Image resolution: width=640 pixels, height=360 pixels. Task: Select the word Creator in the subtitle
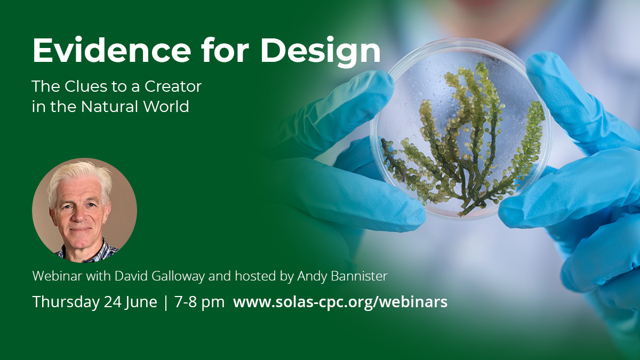pos(173,86)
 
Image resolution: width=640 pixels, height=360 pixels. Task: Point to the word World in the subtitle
pos(166,106)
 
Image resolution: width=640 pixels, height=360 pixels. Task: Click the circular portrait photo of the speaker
pos(84,210)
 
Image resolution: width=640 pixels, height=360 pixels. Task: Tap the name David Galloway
pos(159,276)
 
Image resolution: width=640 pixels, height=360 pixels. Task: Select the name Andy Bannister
pos(342,276)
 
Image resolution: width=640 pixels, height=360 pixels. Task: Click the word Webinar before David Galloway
pos(58,276)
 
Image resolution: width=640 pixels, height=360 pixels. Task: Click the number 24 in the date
pos(113,302)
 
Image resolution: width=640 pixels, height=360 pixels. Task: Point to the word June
pos(141,302)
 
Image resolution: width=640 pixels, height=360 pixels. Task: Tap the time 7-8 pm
pos(199,302)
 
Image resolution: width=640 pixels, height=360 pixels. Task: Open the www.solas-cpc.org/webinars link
pos(340,302)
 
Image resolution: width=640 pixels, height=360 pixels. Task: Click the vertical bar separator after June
pos(166,303)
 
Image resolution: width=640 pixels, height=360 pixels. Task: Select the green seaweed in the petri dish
pos(463,140)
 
